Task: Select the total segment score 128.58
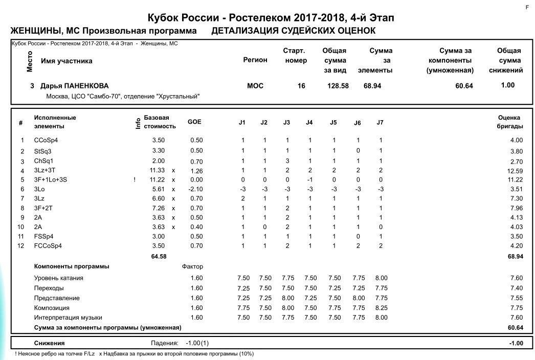[338, 86]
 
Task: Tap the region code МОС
[255, 86]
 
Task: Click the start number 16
[301, 86]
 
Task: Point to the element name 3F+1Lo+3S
[51, 179]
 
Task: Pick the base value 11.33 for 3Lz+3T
[157, 170]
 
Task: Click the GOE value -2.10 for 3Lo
[196, 189]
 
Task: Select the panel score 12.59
[515, 170]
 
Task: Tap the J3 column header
[287, 122]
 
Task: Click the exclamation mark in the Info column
[135, 179]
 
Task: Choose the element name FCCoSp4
[48, 246]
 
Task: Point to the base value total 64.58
[159, 256]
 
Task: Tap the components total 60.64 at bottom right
[515, 327]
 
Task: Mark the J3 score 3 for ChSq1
[287, 161]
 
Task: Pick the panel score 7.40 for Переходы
[516, 288]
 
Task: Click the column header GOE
[194, 122]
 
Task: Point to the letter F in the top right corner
[526, 7]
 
